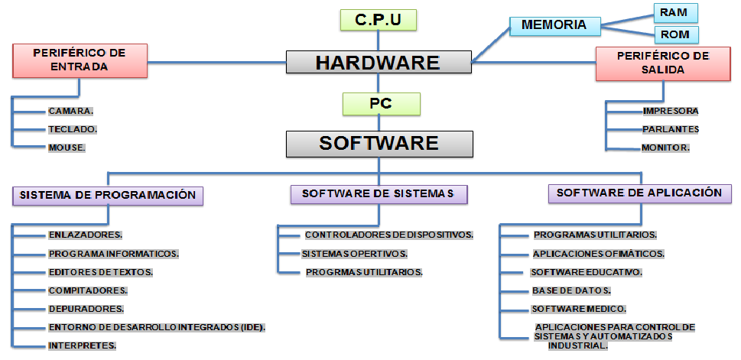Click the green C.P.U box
tap(378, 19)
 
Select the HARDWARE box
tap(378, 62)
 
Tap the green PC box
tap(381, 103)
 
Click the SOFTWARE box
tap(379, 143)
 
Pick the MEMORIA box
tap(554, 25)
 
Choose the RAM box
tap(676, 11)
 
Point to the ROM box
tap(676, 34)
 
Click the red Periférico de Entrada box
tap(80, 60)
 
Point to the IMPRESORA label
tap(670, 111)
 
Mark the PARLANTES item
tap(670, 129)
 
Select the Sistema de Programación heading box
tap(108, 195)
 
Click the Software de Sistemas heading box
tap(379, 194)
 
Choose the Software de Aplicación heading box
tap(639, 193)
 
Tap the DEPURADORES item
tap(86, 309)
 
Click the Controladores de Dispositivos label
tap(388, 235)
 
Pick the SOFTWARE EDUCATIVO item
tap(586, 272)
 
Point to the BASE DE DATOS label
tap(570, 290)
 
